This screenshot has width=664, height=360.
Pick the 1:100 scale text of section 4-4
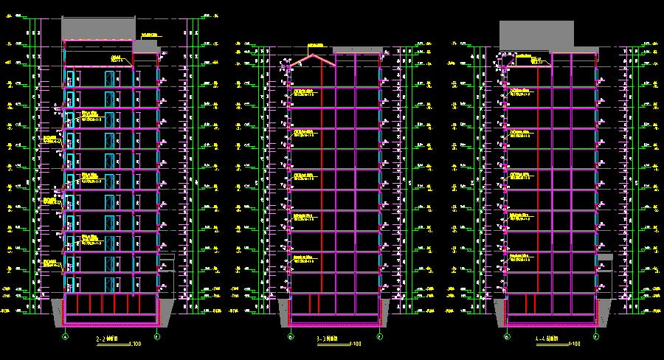pos(573,344)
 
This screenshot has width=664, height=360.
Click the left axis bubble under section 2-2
pos(65,337)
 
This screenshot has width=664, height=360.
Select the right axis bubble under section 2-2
pos(157,337)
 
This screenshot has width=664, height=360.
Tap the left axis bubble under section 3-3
pos(290,337)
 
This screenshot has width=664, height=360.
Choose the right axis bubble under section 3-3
pos(379,337)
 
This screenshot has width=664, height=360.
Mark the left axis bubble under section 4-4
pos(507,337)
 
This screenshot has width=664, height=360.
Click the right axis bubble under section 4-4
pos(596,337)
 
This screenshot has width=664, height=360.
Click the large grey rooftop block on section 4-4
pos(536,35)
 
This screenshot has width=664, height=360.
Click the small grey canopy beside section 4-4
pos(606,257)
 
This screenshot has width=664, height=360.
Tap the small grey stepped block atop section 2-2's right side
pos(145,46)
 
